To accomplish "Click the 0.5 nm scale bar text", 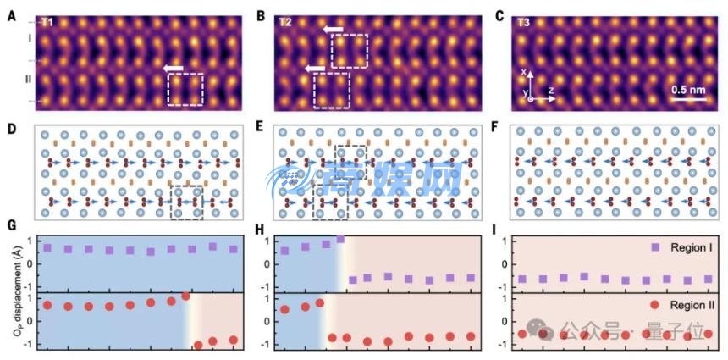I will (690, 89).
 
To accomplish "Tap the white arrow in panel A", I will (174, 68).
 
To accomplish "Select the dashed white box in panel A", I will (185, 90).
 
